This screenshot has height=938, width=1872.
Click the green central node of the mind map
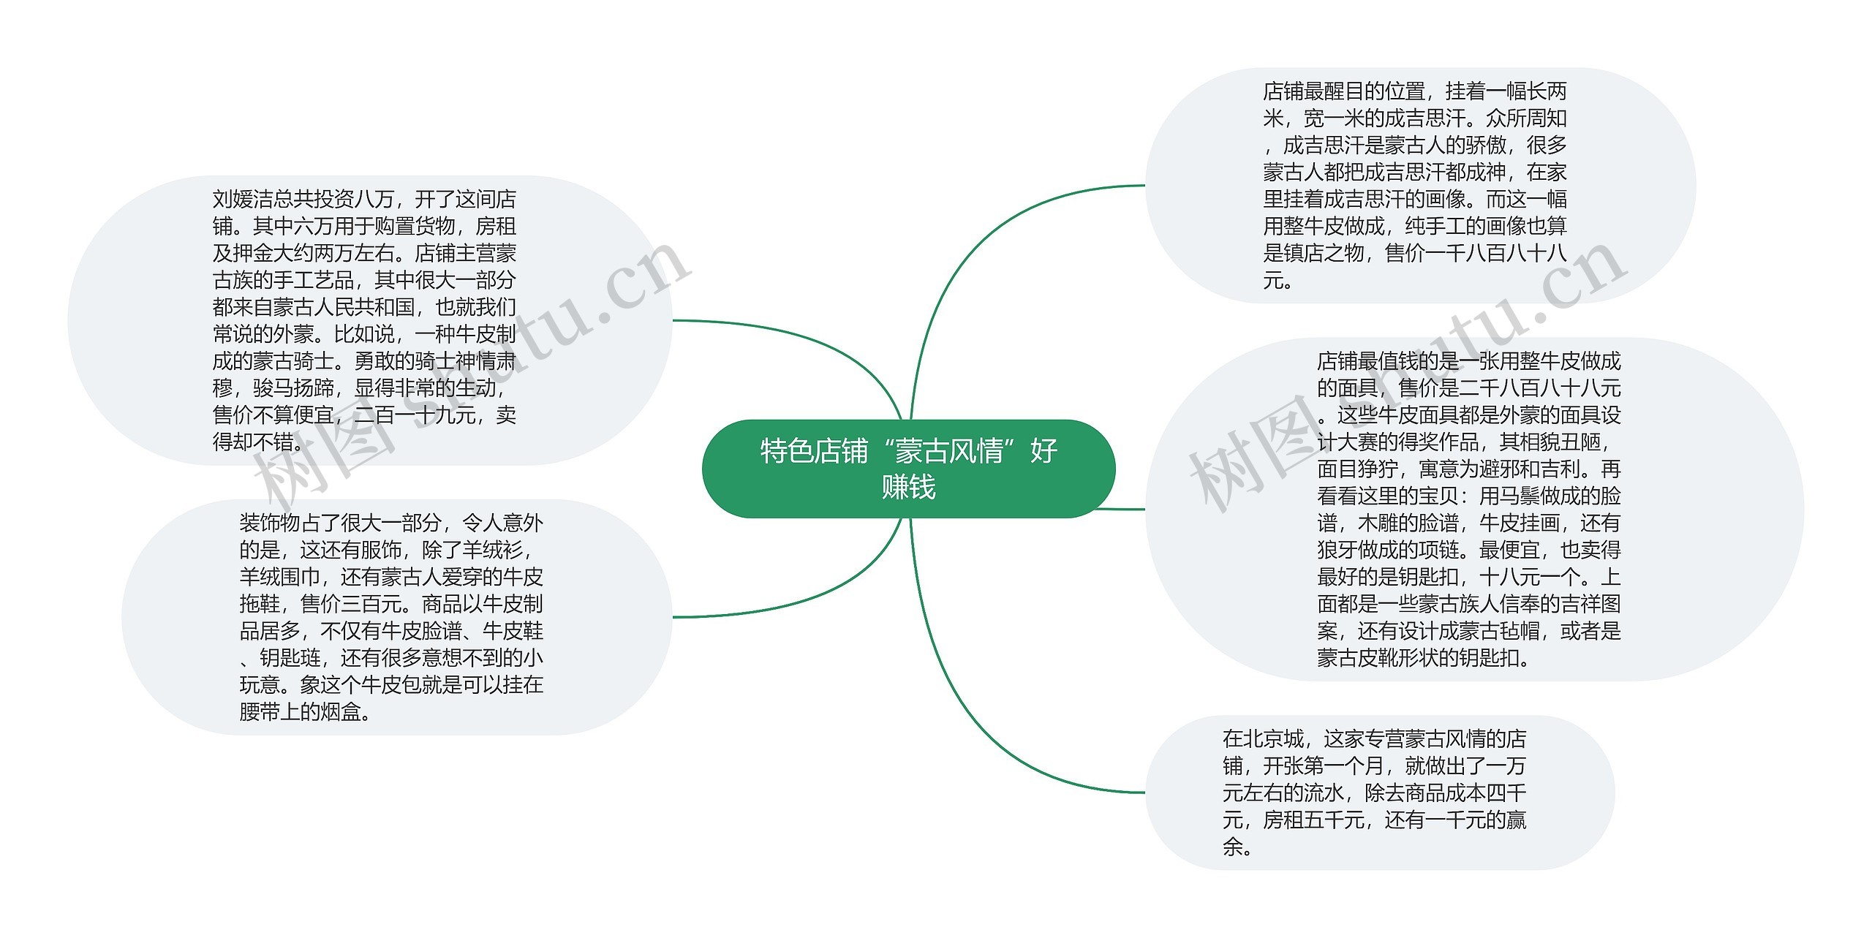(x=908, y=469)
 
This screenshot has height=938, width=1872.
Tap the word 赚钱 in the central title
(x=908, y=487)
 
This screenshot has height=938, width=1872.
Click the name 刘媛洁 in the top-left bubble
(x=242, y=199)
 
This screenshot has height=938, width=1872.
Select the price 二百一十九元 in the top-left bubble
(x=415, y=415)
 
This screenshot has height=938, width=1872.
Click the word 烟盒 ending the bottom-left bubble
(x=341, y=712)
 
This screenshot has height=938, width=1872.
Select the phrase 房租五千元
(x=1313, y=820)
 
